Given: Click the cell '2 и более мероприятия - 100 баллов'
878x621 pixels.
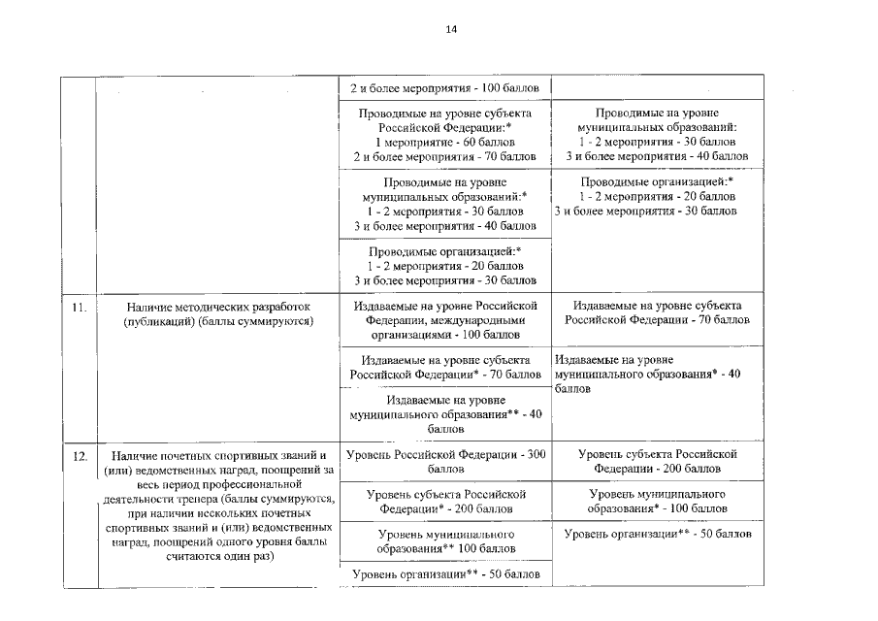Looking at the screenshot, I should coord(444,88).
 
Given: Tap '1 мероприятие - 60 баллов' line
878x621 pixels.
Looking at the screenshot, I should coord(444,142).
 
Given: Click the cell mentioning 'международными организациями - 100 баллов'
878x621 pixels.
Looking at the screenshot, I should coord(444,319).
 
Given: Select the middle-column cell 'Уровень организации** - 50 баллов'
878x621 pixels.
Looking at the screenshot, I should coord(444,575).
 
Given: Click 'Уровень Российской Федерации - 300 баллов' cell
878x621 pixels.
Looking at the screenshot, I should coord(444,461).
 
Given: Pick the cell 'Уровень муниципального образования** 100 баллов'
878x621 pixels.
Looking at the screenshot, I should coord(444,541).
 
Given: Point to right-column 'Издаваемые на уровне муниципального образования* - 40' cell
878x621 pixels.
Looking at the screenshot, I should coord(648,373).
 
